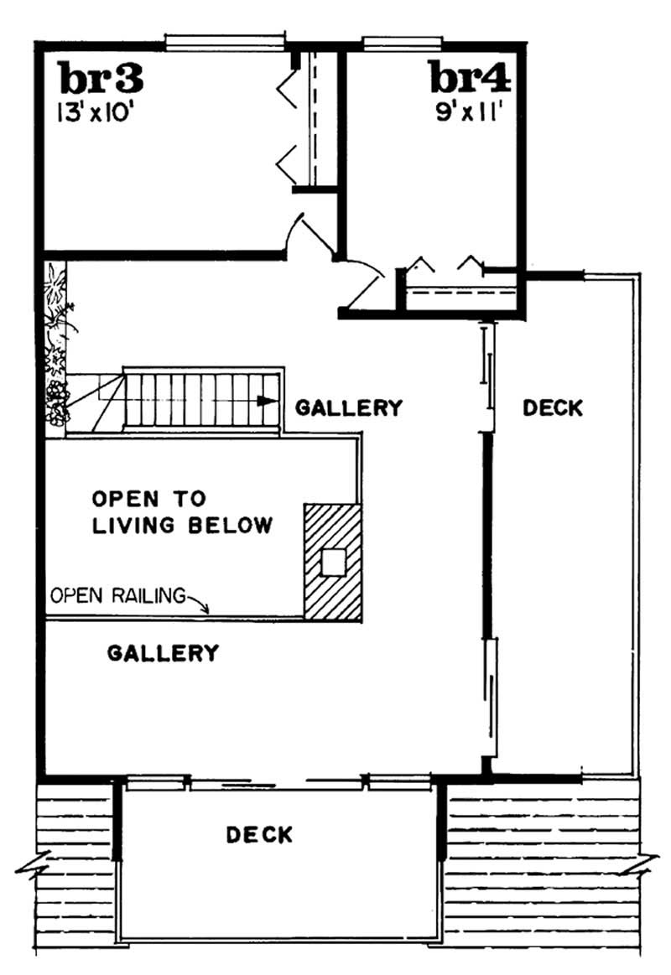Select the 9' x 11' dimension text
469,112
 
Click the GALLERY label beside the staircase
349,408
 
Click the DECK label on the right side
552,408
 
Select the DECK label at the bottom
259,835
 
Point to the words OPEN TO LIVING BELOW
181,512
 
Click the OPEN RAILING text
117,596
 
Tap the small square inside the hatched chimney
333,562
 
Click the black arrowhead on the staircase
268,401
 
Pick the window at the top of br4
402,39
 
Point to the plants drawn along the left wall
56,344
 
